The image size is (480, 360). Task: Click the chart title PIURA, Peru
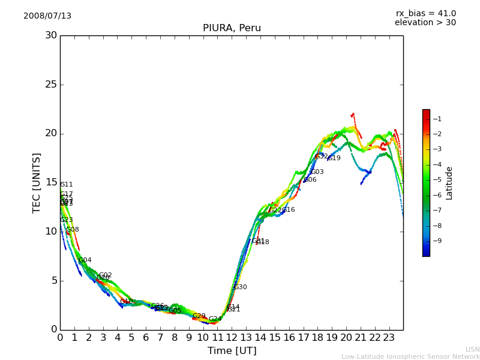(232, 28)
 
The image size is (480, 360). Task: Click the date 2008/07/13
(47, 16)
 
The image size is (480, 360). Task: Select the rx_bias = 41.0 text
(425, 14)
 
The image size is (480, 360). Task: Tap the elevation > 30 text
(425, 23)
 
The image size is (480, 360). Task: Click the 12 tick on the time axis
(232, 337)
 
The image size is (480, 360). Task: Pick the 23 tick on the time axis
(389, 337)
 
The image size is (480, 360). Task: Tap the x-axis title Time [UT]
(232, 351)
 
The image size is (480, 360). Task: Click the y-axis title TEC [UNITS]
(37, 182)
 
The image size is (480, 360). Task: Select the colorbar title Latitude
(449, 183)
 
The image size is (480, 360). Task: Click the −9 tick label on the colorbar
(437, 241)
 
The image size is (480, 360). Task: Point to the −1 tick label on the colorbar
(437, 119)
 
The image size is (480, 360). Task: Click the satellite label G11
(66, 185)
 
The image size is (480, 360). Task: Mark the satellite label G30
(240, 287)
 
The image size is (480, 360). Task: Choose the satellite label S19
(334, 158)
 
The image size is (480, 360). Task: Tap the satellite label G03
(317, 172)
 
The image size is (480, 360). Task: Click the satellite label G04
(85, 260)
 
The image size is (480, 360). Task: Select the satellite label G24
(215, 319)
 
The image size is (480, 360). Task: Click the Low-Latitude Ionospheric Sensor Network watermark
(410, 357)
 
